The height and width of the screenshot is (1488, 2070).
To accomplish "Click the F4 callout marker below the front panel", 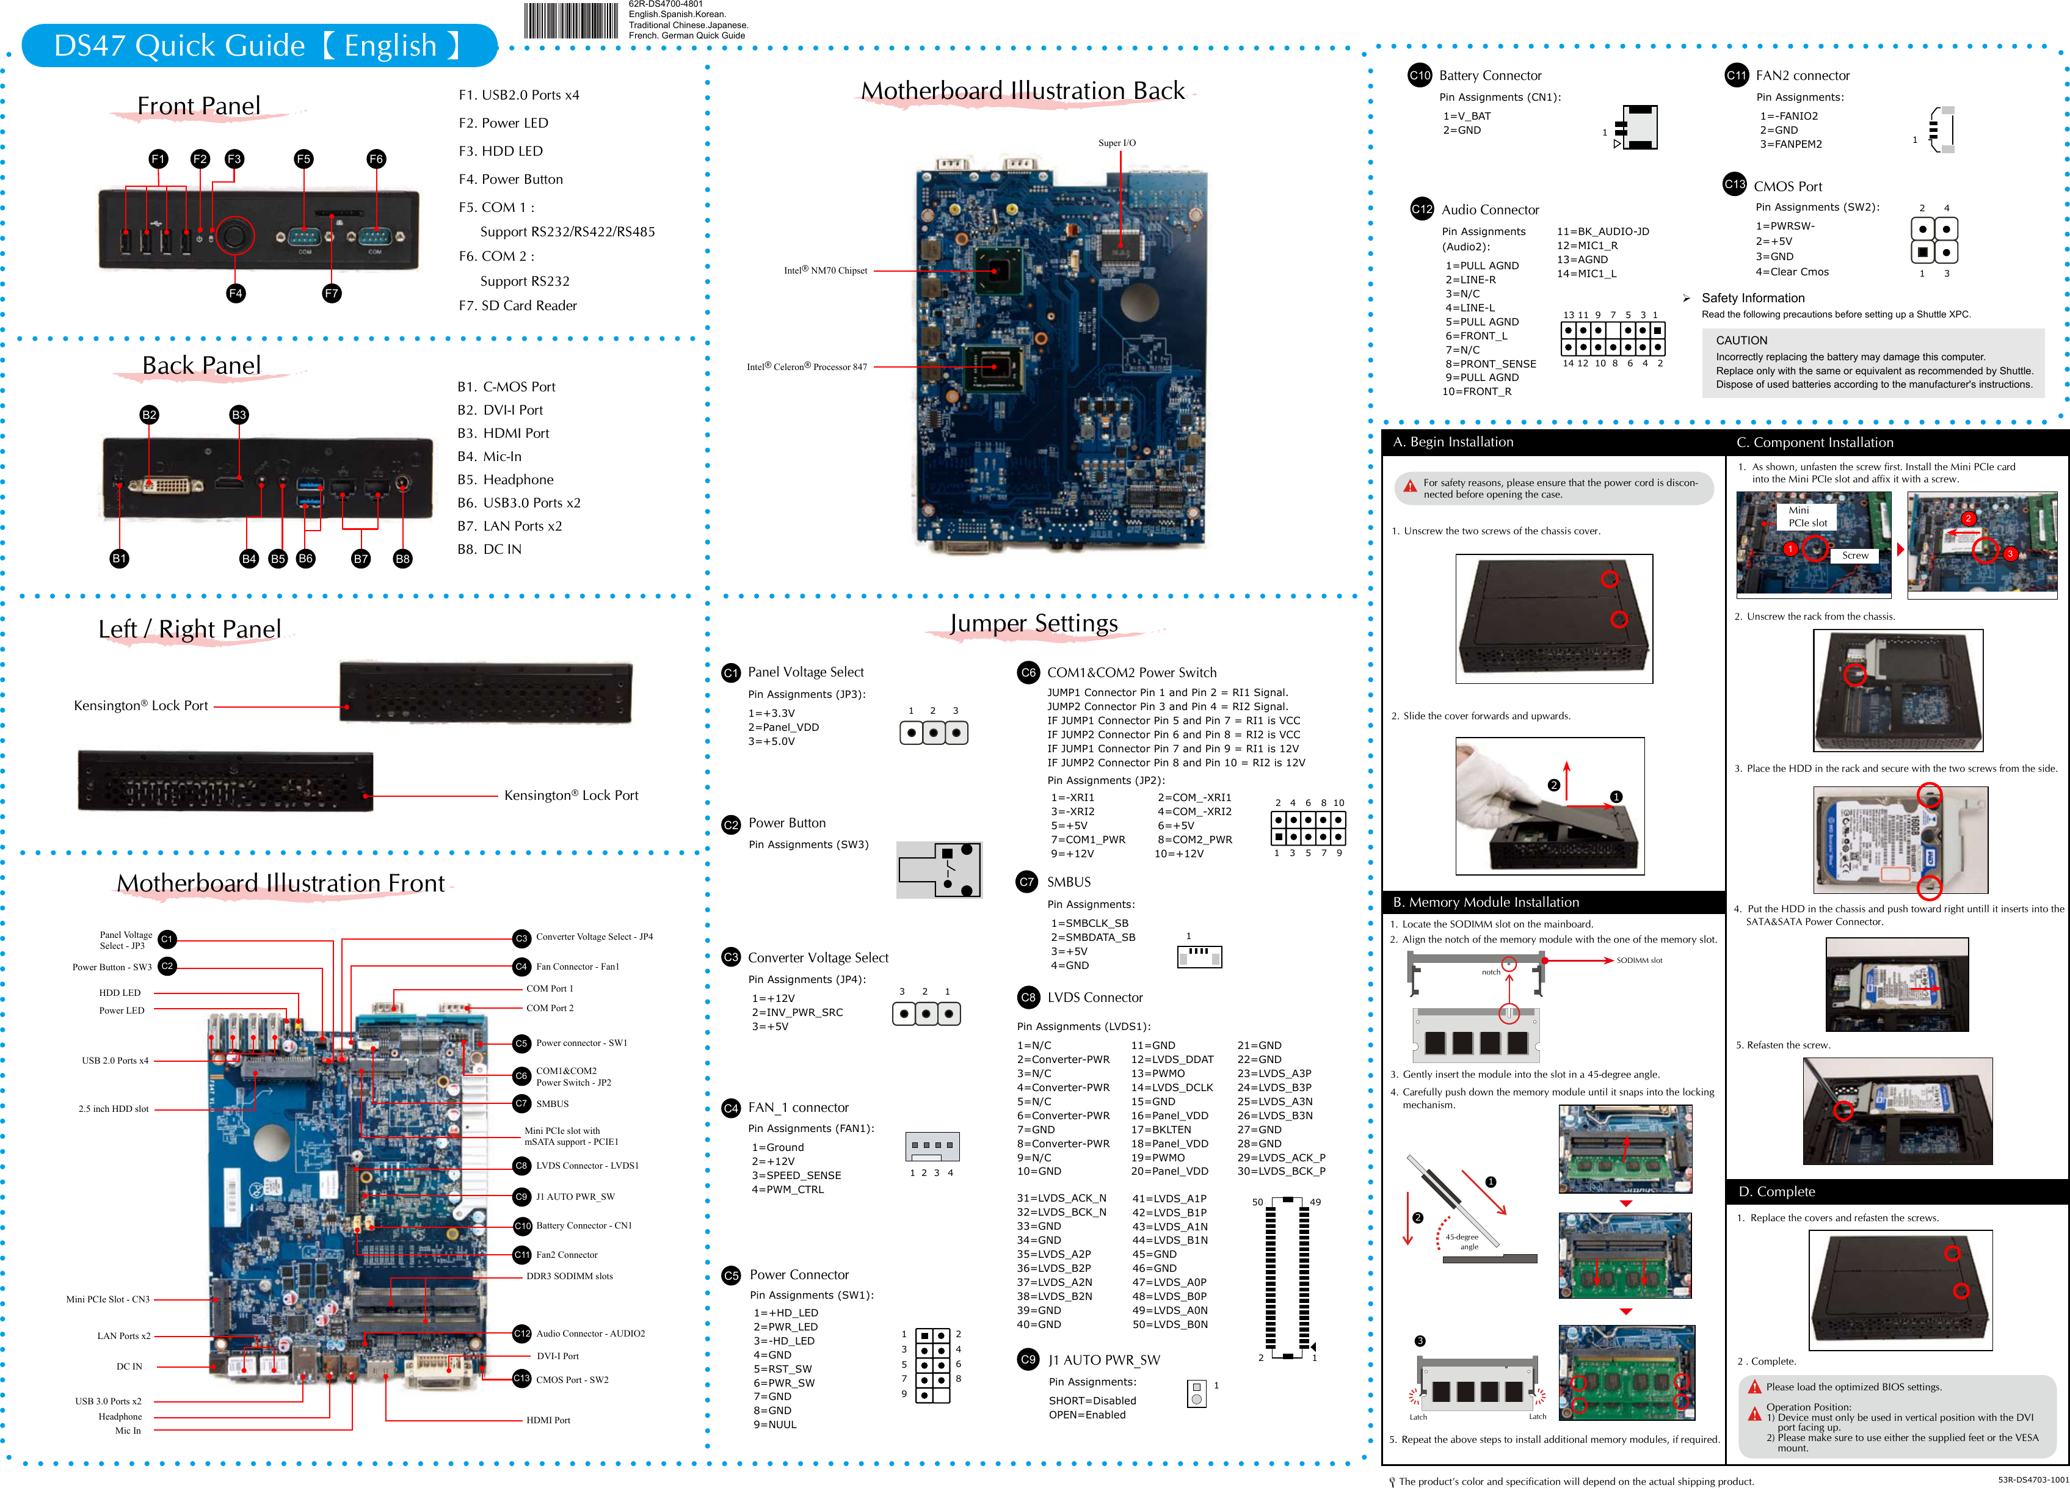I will pyautogui.click(x=236, y=293).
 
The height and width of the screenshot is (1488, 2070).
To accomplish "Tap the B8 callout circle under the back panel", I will pyautogui.click(x=402, y=559).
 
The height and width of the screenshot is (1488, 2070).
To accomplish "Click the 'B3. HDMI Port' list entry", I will pyautogui.click(x=503, y=434).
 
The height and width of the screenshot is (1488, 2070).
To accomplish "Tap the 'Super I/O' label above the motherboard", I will pyautogui.click(x=1117, y=142).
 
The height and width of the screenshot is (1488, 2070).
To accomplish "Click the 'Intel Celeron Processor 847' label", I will pyautogui.click(x=807, y=367).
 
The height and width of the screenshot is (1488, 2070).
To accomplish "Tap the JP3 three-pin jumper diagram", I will pyautogui.click(x=933, y=732).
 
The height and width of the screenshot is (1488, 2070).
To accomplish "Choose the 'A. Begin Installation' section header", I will pyautogui.click(x=1453, y=442).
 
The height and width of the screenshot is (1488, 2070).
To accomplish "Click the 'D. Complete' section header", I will pyautogui.click(x=1776, y=1191).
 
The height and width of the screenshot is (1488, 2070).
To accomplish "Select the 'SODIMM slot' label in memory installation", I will pyautogui.click(x=1639, y=960).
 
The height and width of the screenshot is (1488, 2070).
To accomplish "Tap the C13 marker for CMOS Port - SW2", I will pyautogui.click(x=521, y=1379).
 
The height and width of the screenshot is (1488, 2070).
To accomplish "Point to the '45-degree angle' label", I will pyautogui.click(x=1462, y=1241).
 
